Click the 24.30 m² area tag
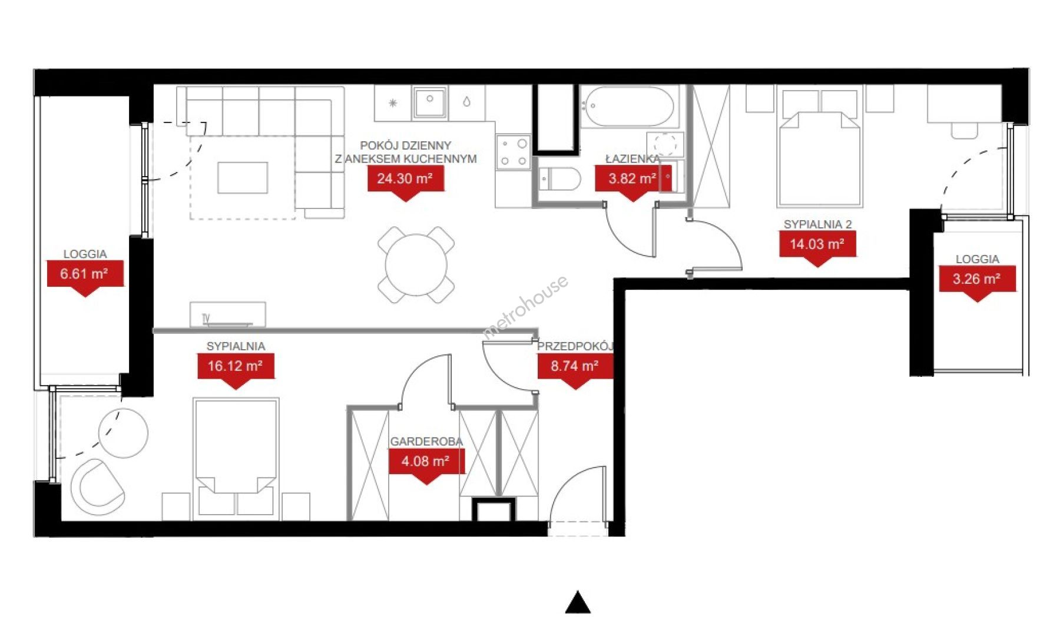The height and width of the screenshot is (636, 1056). [405, 179]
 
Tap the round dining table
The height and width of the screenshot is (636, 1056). [416, 264]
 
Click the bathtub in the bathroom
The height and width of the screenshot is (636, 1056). [628, 107]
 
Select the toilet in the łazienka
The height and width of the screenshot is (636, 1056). [559, 179]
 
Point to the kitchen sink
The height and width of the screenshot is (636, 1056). [430, 104]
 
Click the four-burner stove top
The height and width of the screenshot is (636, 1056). [514, 153]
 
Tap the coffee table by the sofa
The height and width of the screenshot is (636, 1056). [243, 178]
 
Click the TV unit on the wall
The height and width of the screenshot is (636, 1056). [228, 314]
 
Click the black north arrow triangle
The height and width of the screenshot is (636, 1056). [578, 602]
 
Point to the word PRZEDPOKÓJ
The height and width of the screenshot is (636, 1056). [575, 346]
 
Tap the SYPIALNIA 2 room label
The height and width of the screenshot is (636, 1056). [817, 224]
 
